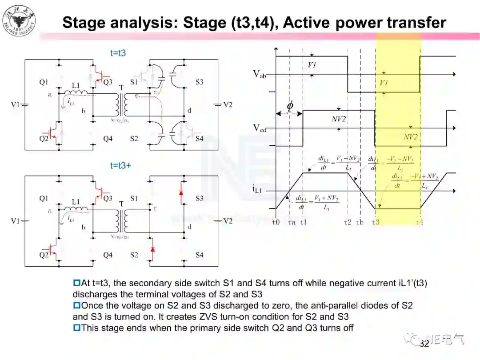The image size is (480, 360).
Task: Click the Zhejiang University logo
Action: pyautogui.click(x=19, y=20)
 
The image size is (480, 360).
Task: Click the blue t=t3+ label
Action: pyautogui.click(x=120, y=166)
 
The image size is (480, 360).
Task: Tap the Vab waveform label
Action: pyautogui.click(x=260, y=74)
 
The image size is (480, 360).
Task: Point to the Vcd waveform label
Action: pyautogui.click(x=260, y=128)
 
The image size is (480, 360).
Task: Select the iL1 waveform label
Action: pyautogui.click(x=258, y=189)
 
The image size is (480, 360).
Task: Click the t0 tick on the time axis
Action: pyautogui.click(x=276, y=222)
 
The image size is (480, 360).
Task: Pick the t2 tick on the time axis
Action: pyautogui.click(x=348, y=222)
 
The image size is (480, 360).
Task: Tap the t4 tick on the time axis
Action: pyautogui.click(x=419, y=222)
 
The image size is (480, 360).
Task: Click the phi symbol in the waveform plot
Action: pyautogui.click(x=290, y=106)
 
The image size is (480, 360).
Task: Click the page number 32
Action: pyautogui.click(x=424, y=344)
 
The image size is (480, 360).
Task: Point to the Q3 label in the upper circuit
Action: pyautogui.click(x=108, y=82)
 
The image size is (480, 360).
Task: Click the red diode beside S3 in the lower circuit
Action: pyautogui.click(x=181, y=193)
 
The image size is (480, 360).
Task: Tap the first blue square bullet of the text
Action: pyautogui.click(x=76, y=283)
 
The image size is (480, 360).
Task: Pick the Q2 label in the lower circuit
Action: pyautogui.click(x=43, y=255)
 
